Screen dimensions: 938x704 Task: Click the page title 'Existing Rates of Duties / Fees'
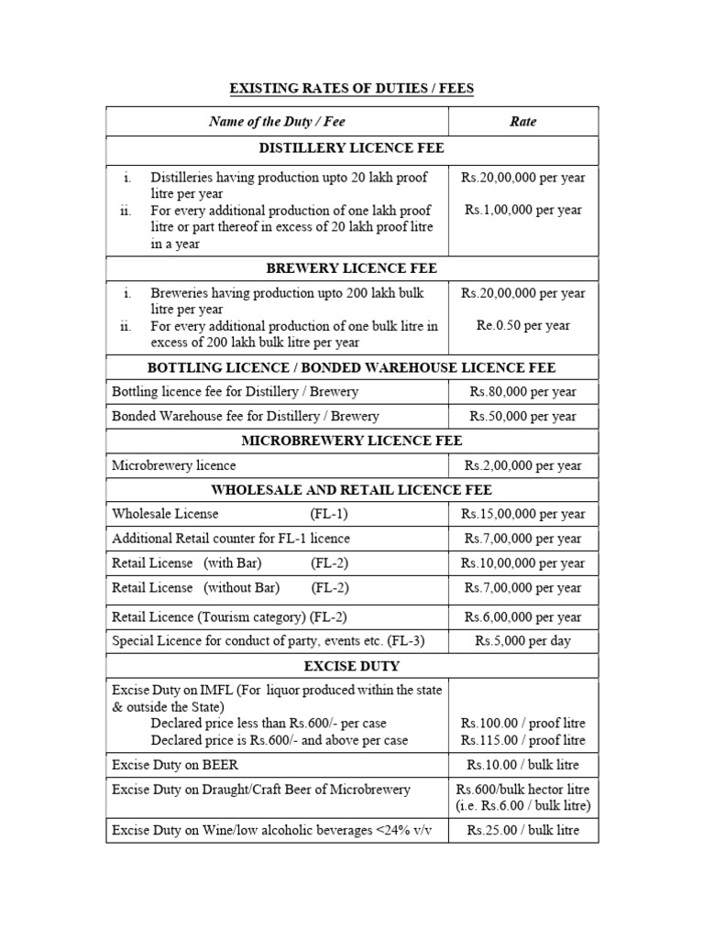352,88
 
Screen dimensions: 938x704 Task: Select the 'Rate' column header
522,121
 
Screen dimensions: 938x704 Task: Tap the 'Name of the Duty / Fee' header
277,121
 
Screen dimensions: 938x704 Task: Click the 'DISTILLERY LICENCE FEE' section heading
352,148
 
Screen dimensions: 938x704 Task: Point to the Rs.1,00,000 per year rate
522,210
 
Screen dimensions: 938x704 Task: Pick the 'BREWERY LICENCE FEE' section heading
352,268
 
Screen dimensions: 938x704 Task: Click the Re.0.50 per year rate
522,325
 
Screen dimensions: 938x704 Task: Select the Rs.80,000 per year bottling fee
522,391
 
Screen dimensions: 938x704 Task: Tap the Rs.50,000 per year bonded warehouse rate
522,416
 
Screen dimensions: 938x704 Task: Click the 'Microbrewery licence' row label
173,465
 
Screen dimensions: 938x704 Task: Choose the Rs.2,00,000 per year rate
522,465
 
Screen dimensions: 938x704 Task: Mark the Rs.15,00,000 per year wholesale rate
522,514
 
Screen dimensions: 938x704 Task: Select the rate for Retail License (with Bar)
522,562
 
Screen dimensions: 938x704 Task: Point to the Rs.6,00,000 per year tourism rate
522,616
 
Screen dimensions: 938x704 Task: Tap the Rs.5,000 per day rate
522,640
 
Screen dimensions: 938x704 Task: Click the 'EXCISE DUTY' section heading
352,665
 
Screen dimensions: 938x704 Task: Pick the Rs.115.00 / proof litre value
522,740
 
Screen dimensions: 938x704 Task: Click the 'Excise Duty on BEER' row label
175,765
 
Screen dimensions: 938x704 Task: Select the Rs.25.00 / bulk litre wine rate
522,831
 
